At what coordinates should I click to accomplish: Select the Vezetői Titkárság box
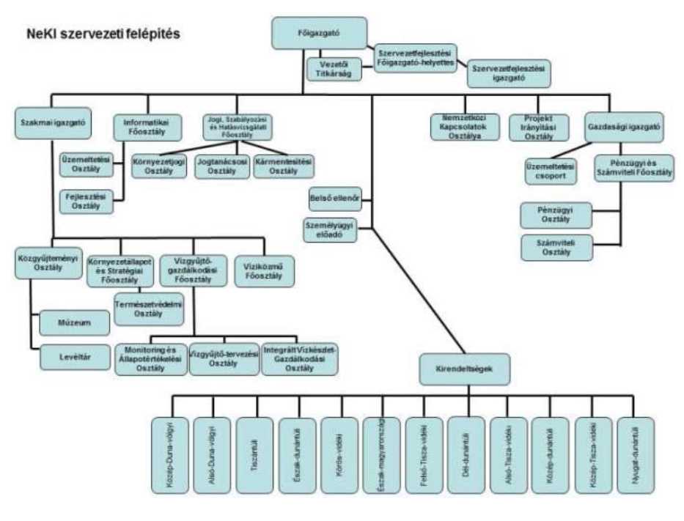pyautogui.click(x=335, y=69)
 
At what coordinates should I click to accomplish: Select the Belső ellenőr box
pyautogui.click(x=337, y=198)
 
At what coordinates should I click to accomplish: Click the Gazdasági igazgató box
pyautogui.click(x=624, y=126)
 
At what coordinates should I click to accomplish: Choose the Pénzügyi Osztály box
pyautogui.click(x=556, y=215)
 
